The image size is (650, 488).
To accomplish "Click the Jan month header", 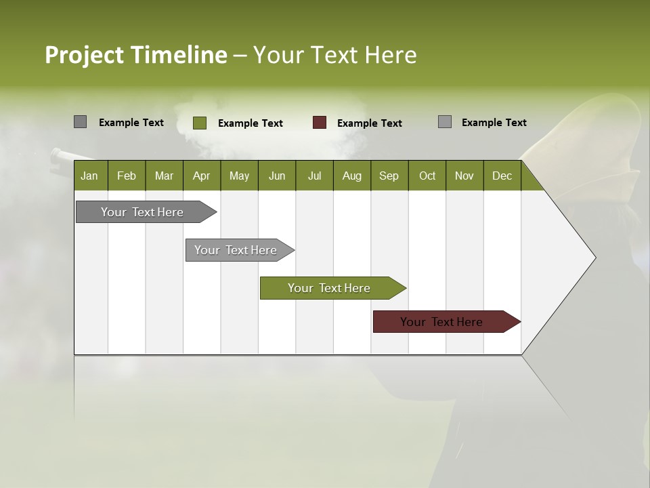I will tap(90, 176).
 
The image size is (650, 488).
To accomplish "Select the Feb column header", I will tap(127, 176).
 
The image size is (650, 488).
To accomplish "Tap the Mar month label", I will tap(164, 176).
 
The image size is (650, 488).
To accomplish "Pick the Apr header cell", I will tap(202, 176).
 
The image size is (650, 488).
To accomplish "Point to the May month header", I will tap(239, 176).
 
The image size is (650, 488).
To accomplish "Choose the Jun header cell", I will tap(277, 176).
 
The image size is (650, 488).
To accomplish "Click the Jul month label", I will tap(314, 176).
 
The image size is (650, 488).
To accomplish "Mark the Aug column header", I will tap(352, 176).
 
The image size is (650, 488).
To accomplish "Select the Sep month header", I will tap(389, 176).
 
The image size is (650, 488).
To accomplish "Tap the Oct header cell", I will tap(427, 176).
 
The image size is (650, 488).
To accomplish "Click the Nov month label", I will tap(464, 176).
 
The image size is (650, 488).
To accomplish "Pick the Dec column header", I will tap(502, 176).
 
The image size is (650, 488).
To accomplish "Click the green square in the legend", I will tap(199, 123).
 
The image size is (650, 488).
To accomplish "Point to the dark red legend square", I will tap(320, 123).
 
